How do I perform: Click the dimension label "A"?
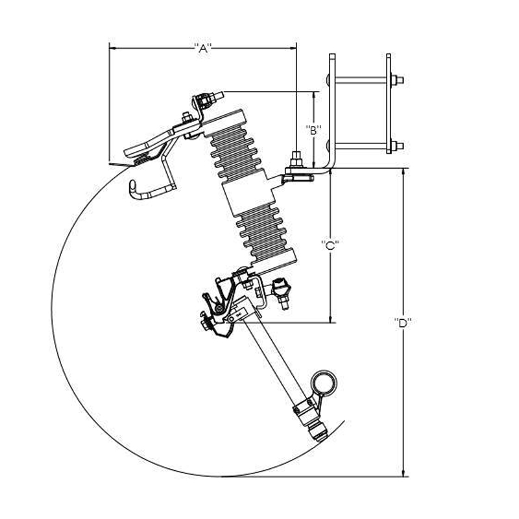pos(202,49)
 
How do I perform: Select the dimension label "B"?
pos(313,130)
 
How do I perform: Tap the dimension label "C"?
pos(330,245)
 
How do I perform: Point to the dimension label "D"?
pos(402,322)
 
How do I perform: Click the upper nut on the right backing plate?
pos(396,80)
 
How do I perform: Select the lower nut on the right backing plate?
pos(396,146)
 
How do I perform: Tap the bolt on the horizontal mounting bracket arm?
pos(296,160)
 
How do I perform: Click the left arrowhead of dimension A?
pos(112,48)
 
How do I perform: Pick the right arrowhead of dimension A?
pos(293,48)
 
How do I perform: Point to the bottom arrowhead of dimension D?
pos(403,474)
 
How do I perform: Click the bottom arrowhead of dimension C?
pos(330,319)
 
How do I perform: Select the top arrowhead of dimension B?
pos(313,95)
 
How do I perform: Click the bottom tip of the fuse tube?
pos(319,441)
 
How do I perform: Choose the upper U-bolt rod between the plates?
pos(361,80)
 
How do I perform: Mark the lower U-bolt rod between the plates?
pos(361,146)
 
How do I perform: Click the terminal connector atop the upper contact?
pos(208,100)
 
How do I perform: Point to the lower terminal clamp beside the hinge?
pos(281,293)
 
